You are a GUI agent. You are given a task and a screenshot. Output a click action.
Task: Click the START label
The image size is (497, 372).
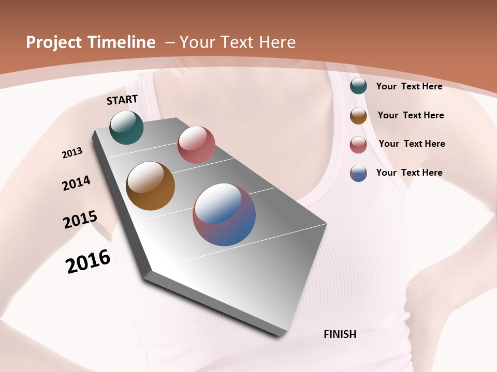tap(122, 100)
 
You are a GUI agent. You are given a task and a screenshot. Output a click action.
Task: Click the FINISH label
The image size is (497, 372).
tap(340, 334)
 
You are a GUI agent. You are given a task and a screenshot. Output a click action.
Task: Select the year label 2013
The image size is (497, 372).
tap(72, 153)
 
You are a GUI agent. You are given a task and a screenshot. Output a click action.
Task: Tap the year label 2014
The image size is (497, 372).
tap(76, 183)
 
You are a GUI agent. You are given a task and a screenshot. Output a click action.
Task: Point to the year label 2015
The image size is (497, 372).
tap(80, 220)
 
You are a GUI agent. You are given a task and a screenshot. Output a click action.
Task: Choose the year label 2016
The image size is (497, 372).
tap(88, 261)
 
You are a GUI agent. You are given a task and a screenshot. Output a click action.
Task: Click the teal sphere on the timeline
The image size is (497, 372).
tap(126, 127)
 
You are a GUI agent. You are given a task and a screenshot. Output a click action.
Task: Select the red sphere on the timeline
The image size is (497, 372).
tap(196, 145)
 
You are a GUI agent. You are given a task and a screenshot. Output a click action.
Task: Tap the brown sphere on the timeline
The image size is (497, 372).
tap(150, 186)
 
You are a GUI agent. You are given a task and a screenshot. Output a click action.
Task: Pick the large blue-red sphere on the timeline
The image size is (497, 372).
tap(224, 214)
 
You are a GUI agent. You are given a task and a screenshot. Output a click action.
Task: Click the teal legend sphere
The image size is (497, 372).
tap(358, 86)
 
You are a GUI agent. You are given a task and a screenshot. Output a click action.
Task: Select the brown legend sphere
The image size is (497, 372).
tap(358, 116)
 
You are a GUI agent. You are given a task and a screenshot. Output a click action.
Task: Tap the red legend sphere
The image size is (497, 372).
tap(358, 145)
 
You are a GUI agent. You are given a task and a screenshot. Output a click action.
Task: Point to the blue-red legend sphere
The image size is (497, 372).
tap(358, 173)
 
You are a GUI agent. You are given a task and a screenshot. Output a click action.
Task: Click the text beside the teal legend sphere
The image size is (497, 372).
tap(409, 86)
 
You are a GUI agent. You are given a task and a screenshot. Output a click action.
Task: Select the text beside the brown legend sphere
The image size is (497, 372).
tap(411, 115)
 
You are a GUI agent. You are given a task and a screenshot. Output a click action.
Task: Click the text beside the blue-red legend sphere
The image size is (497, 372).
tap(409, 173)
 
